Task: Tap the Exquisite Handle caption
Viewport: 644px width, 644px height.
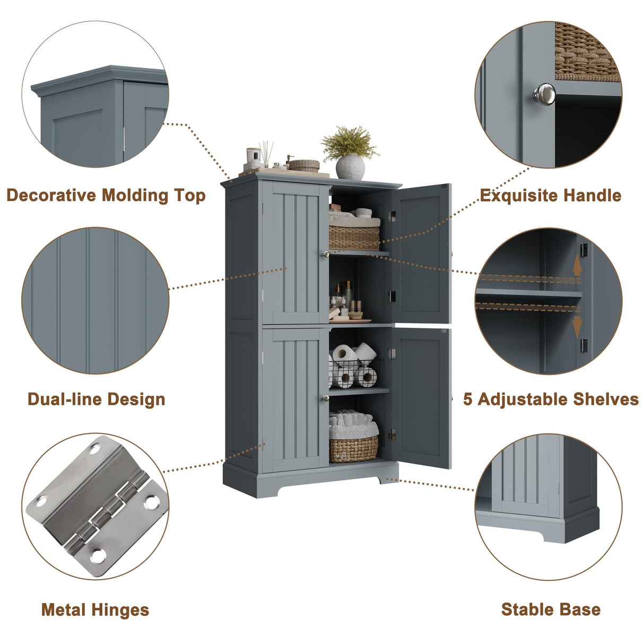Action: [550, 196]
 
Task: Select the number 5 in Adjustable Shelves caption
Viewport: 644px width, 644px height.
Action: [467, 399]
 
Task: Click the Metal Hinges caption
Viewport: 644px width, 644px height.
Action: [95, 610]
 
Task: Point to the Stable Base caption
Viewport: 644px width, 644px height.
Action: [551, 610]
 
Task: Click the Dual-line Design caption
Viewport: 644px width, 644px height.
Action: [96, 399]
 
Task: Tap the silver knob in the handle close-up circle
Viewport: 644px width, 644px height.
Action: [544, 94]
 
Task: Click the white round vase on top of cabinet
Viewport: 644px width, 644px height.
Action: [350, 167]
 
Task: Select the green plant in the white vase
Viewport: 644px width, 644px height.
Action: [349, 142]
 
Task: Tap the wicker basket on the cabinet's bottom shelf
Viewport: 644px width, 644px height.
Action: [353, 449]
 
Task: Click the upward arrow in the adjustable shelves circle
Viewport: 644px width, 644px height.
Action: [577, 267]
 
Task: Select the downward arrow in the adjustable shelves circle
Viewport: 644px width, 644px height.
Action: [577, 324]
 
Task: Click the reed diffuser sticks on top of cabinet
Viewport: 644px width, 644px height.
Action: [266, 151]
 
